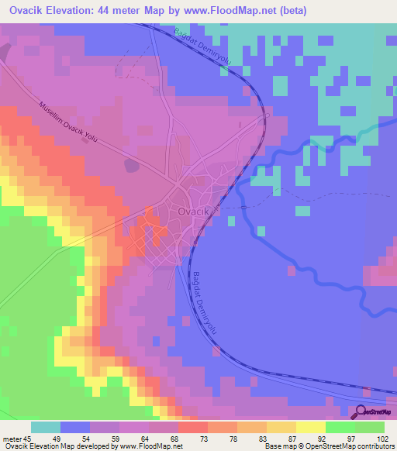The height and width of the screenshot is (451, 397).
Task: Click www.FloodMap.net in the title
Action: [x=230, y=11]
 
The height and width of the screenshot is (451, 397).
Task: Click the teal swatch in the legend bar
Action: [x=46, y=427]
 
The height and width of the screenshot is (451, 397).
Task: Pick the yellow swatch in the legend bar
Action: [x=310, y=427]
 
